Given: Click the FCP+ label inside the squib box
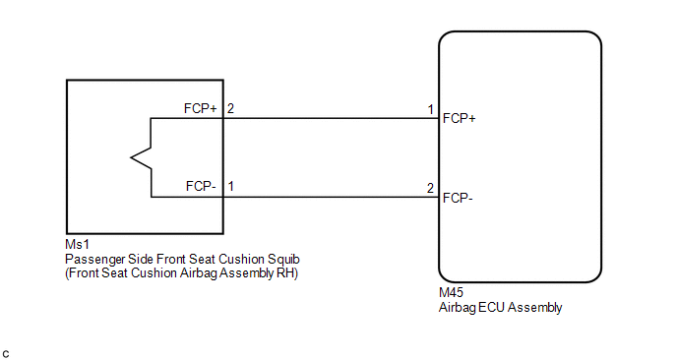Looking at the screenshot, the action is pos(201,108).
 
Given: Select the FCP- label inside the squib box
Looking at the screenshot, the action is pos(201,186).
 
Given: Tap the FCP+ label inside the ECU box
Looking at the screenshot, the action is pos(459,118).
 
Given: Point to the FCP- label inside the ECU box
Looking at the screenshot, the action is pos(458,198).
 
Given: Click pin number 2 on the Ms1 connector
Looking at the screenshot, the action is pos(230,108).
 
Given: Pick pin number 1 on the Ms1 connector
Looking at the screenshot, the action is pos(231,186).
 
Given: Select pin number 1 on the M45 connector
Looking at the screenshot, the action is pos(430,109).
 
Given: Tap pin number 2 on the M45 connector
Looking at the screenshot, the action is pos(430,188).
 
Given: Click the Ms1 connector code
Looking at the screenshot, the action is pos(78,244).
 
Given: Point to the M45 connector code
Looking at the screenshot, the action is pos(451,293).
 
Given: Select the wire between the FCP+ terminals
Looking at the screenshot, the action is pos(332,118).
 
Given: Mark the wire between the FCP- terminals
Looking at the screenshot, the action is pos(332,198).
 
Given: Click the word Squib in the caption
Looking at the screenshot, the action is pos(283,259).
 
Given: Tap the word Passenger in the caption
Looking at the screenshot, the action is pos(95,260).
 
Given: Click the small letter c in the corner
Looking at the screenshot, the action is pos(6,355).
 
